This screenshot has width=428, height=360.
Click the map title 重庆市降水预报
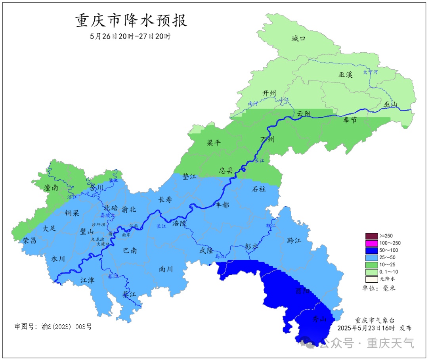click(131, 21)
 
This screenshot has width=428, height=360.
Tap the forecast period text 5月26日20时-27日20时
click(131, 36)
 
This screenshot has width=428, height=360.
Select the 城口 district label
click(298, 38)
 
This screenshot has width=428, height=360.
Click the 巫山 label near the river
click(390, 105)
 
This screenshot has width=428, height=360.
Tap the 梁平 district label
click(214, 143)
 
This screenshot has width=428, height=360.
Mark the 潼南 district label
click(51, 188)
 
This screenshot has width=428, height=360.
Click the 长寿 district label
click(165, 200)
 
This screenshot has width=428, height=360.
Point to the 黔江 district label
click(294, 241)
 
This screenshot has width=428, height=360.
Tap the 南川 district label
click(166, 269)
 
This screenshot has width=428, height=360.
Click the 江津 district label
click(87, 280)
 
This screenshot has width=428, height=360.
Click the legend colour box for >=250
click(372, 236)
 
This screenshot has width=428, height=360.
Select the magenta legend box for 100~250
click(372, 243)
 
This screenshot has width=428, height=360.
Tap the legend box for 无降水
click(372, 279)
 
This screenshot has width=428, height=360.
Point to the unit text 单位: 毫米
click(378, 288)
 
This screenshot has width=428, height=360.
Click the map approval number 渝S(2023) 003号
click(53, 327)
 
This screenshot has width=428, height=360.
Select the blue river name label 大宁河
click(371, 72)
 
